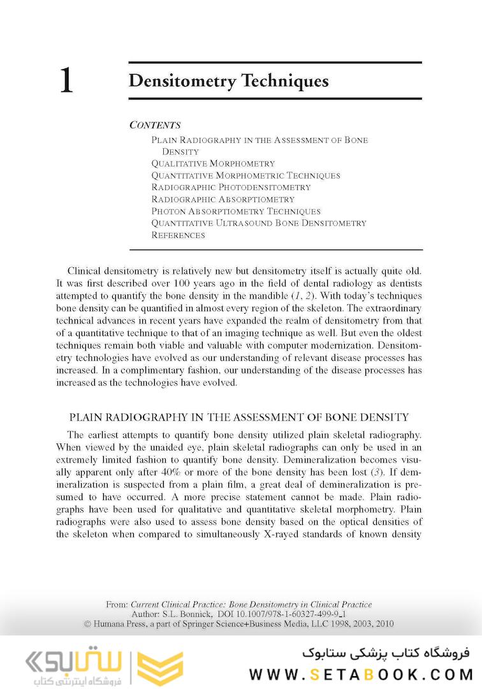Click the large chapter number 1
66,82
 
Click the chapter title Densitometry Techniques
228,82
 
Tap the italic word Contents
155,125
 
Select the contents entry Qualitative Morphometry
213,163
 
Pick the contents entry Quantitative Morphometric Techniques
245,175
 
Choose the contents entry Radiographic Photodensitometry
231,188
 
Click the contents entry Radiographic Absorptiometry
223,199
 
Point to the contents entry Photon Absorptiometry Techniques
235,211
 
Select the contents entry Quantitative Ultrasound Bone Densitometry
258,223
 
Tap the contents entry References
178,235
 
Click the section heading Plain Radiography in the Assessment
238,418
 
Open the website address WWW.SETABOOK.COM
361,674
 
